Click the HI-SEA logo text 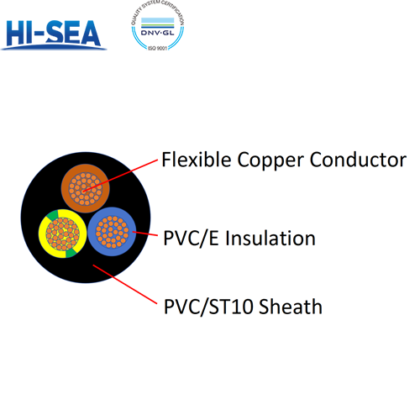pos(55,33)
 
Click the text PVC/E pos(189,239)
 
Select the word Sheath pos(291,307)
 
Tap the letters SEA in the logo pos(75,33)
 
